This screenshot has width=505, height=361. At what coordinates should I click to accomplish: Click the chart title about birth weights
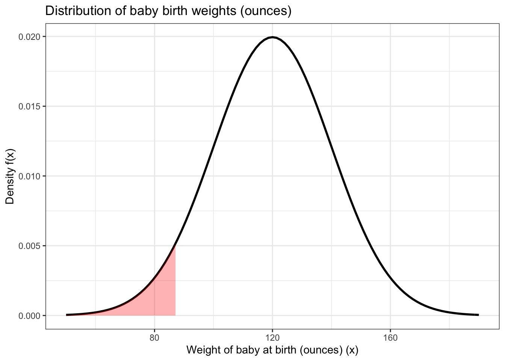click(168, 11)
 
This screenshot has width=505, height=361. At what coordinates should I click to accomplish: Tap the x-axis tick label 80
click(154, 338)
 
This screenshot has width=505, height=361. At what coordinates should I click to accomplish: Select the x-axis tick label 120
click(272, 338)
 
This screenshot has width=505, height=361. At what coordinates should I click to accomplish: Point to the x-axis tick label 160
click(390, 338)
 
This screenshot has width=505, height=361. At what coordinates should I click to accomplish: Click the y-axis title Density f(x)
click(10, 176)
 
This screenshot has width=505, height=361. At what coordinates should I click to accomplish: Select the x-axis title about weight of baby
click(272, 350)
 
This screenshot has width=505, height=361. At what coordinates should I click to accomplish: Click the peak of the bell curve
click(272, 37)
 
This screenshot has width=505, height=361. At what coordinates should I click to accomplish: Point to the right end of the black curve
click(478, 315)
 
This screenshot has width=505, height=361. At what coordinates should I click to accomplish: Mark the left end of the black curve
click(67, 315)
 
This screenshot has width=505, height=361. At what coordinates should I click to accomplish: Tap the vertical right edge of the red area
click(175, 282)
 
